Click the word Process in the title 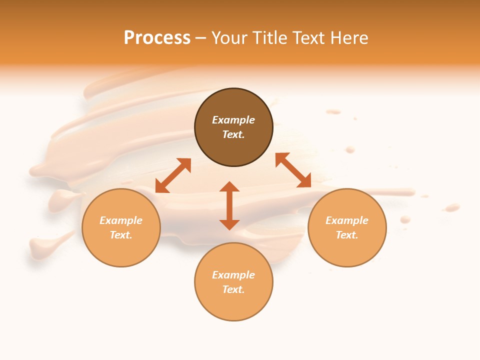pos(157,38)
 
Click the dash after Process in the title pos(200,38)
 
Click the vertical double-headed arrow pos(229,205)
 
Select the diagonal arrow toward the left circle pos(173,175)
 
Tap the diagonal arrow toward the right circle pos(293,170)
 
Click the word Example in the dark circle pos(233,120)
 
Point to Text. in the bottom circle pos(233,289)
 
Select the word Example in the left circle pos(121,220)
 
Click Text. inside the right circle pos(347,235)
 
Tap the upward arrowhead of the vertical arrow pos(229,186)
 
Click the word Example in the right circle pos(347,220)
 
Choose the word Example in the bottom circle pos(233,275)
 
